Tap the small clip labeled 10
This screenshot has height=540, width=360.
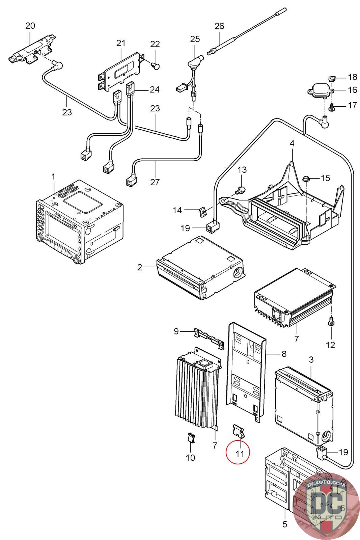(191, 438)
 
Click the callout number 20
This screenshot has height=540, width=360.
(30, 26)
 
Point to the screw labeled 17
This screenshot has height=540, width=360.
(332, 108)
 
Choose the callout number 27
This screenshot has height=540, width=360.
(155, 182)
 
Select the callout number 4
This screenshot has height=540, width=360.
(292, 143)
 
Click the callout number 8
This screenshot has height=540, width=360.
(284, 354)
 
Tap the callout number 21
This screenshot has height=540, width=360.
(121, 43)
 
